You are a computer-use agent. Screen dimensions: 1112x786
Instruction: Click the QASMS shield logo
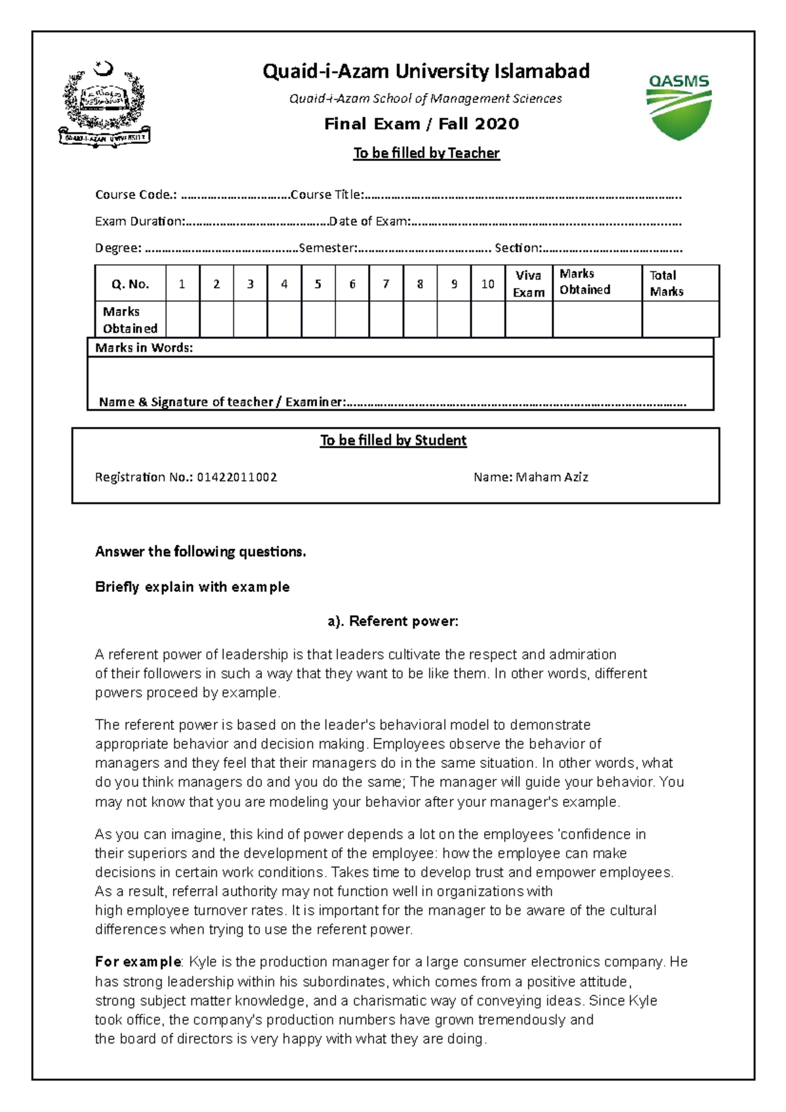[679, 107]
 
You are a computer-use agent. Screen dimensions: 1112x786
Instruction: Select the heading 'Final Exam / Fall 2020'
[421, 124]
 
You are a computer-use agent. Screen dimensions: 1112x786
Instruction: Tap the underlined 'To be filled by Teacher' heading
[426, 153]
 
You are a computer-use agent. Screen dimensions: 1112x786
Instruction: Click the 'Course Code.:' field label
[136, 195]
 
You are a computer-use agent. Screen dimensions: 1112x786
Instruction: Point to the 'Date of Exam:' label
[369, 221]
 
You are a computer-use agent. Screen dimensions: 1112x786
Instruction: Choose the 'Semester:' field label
[327, 248]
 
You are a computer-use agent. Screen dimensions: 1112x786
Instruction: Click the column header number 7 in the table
[386, 284]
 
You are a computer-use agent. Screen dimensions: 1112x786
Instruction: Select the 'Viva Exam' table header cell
[529, 284]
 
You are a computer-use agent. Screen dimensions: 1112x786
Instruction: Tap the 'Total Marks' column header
[667, 284]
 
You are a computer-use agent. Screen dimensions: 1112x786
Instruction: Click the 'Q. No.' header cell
[130, 284]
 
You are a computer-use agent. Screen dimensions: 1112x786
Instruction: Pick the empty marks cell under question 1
[182, 320]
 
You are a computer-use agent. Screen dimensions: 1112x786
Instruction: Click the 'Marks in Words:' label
[144, 348]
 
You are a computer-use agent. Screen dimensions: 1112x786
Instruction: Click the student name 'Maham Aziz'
[552, 477]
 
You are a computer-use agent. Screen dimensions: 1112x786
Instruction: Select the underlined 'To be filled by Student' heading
[393, 440]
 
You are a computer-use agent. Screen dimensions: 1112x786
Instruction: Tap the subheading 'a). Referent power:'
[393, 621]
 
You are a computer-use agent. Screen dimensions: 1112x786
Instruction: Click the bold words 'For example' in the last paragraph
[138, 961]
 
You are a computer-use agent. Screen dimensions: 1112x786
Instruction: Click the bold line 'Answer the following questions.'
[200, 551]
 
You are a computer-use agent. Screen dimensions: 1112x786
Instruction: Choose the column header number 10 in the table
[487, 284]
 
